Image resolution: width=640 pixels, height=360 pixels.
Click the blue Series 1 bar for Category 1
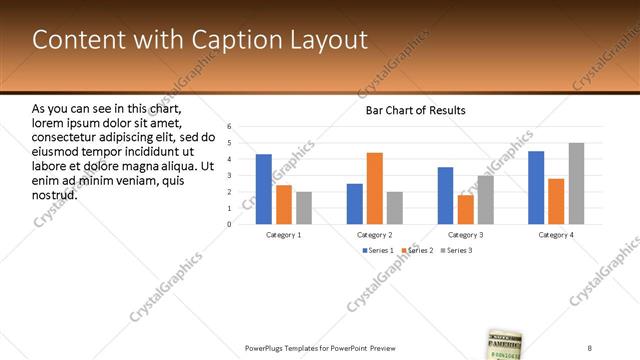coord(264,189)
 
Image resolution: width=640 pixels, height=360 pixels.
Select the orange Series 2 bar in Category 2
coord(375,188)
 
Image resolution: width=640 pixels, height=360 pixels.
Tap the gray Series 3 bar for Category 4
coord(576,183)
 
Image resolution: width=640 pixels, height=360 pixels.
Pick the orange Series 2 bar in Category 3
coord(465,209)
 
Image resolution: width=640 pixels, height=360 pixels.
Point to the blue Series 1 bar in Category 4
coord(536,187)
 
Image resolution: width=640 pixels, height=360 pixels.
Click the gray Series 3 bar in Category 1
coord(304,208)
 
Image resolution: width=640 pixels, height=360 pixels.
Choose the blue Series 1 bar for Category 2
coord(355,204)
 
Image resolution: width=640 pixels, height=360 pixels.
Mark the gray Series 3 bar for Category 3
coord(485,200)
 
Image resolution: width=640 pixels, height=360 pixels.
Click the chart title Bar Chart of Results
coord(415,110)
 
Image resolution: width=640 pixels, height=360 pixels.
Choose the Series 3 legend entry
coord(458,250)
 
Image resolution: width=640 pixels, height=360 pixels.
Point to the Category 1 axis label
coord(284,234)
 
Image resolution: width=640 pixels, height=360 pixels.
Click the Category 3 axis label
coord(465,234)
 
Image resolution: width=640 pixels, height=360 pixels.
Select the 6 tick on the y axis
coord(230,127)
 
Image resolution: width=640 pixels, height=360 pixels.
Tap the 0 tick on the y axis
coord(230,224)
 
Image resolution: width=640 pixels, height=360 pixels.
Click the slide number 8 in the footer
coord(590,347)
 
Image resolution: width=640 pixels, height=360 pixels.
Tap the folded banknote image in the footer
coord(506,344)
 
